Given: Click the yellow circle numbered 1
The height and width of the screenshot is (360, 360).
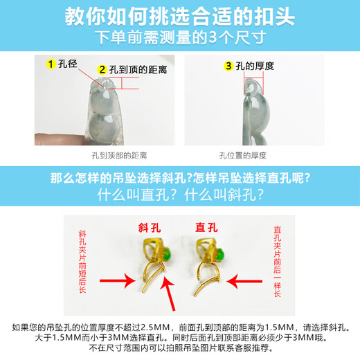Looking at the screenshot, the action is pyautogui.click(x=51, y=64).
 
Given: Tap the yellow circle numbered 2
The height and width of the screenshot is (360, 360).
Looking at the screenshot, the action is pyautogui.click(x=102, y=70).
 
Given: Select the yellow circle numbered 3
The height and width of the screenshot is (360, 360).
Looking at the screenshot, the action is pyautogui.click(x=228, y=66).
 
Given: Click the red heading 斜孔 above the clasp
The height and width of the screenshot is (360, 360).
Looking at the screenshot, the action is pyautogui.click(x=150, y=228).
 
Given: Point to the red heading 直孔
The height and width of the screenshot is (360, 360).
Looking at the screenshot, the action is pyautogui.click(x=206, y=228).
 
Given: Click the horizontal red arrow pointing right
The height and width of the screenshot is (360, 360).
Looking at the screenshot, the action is pyautogui.click(x=118, y=280).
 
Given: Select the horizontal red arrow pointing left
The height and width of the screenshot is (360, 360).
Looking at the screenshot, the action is pyautogui.click(x=244, y=281).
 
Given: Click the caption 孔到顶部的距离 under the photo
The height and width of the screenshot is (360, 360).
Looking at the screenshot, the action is pyautogui.click(x=119, y=156).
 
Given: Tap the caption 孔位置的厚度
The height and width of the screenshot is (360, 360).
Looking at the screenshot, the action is pyautogui.click(x=243, y=156).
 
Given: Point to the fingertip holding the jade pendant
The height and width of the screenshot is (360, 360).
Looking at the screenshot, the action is pyautogui.click(x=60, y=139).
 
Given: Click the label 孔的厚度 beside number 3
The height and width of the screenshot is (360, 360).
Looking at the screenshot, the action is pyautogui.click(x=255, y=66).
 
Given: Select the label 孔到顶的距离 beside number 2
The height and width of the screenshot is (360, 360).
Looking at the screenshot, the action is pyautogui.click(x=138, y=70).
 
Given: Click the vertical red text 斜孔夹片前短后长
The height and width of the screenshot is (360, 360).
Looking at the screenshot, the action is pyautogui.click(x=82, y=262).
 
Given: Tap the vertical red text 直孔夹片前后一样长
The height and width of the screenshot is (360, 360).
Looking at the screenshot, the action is pyautogui.click(x=277, y=262).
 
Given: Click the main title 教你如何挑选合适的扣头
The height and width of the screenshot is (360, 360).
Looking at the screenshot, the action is pyautogui.click(x=180, y=17).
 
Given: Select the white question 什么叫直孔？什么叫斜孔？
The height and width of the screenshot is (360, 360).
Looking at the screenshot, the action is pyautogui.click(x=180, y=195).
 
